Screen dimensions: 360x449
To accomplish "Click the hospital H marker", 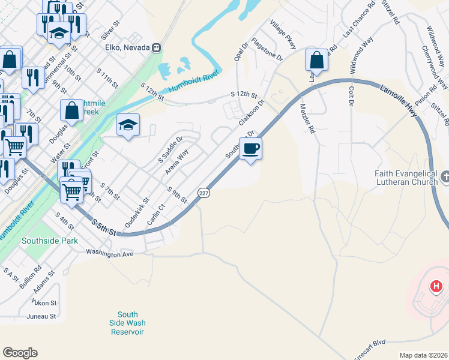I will coord(436,287).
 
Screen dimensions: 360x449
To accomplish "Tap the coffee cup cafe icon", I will coord(250,148).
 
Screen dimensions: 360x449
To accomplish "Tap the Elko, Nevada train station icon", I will coord(157,47).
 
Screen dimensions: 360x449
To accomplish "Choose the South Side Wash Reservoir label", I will coord(128,323).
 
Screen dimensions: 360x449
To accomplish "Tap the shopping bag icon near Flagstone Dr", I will coord(316,60).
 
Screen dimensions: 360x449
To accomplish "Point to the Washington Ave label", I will coord(110,254).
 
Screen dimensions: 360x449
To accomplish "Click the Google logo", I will coord(20,353).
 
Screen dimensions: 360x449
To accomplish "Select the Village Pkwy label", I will coord(283,35).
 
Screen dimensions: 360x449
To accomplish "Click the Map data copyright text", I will coord(423,355).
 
